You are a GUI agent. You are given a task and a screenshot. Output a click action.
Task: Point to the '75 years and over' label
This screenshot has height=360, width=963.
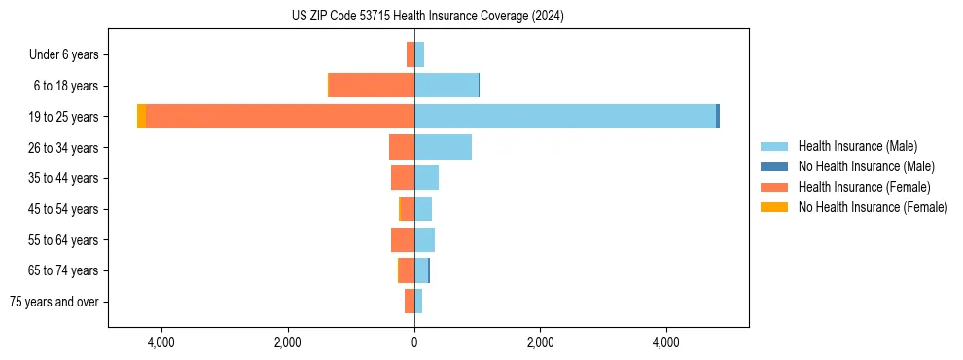(x=54, y=302)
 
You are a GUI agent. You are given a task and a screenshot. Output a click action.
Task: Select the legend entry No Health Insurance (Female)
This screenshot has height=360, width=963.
(x=873, y=207)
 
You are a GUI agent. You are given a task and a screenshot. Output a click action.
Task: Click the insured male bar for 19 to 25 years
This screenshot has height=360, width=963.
(x=565, y=117)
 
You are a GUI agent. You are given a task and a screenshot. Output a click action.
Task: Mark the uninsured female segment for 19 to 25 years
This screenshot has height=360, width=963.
(x=141, y=117)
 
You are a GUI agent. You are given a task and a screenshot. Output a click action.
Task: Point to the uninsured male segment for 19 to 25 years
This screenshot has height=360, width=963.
(x=718, y=117)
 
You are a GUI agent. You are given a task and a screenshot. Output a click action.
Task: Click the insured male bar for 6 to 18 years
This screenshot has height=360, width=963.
(x=446, y=86)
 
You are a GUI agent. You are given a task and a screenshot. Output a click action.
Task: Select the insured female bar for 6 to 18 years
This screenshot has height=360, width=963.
(x=372, y=86)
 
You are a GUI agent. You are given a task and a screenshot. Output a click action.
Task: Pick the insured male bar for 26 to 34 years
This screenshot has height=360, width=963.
(x=443, y=147)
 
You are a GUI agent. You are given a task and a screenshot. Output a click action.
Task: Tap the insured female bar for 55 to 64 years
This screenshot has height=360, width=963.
(x=403, y=239)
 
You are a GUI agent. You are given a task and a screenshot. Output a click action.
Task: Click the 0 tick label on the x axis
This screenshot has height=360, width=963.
(x=414, y=342)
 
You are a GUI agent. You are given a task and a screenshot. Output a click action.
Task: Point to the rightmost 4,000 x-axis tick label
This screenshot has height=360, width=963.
(x=666, y=342)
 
